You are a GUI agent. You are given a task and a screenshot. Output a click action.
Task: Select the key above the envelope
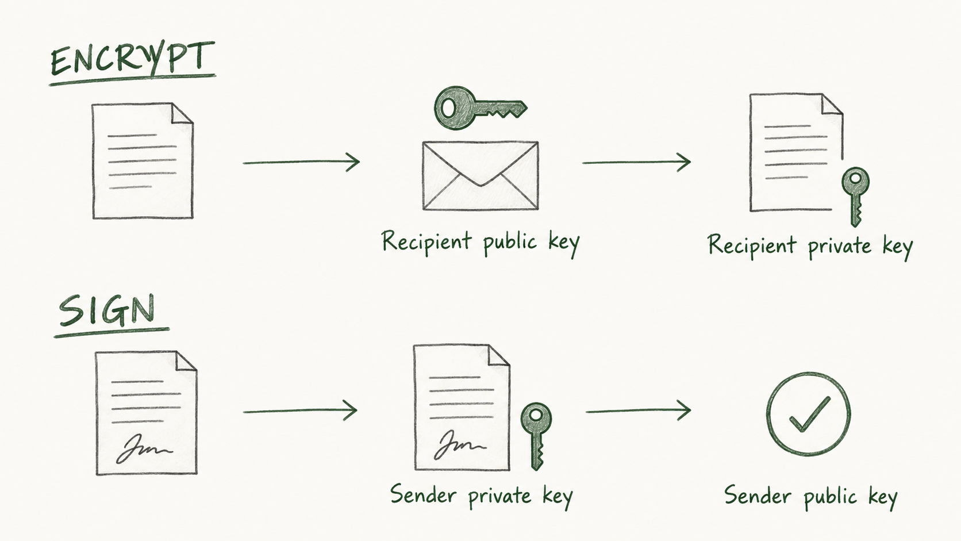point(480,108)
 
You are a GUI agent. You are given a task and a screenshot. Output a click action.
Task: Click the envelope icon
point(480,175)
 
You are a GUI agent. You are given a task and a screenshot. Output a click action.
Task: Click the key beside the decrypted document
point(855,197)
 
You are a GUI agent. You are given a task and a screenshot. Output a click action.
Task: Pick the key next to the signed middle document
point(536,436)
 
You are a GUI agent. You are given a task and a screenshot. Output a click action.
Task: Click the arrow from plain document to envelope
point(301,162)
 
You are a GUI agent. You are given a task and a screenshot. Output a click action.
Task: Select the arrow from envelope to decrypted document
point(637,162)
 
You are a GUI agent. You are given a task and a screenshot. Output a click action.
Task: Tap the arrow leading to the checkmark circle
point(639,410)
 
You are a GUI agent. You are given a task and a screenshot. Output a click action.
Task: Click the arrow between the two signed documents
point(300,410)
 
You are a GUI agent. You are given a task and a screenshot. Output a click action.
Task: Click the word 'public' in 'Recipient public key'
point(510,242)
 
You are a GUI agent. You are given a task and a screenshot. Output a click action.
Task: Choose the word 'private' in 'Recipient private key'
point(840,247)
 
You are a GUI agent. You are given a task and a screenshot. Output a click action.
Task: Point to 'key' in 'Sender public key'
point(883,498)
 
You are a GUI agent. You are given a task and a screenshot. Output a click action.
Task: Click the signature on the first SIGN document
point(144,449)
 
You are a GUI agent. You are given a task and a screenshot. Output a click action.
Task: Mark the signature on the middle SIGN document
point(459,445)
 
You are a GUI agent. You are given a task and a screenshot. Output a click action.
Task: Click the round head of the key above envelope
point(449,108)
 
